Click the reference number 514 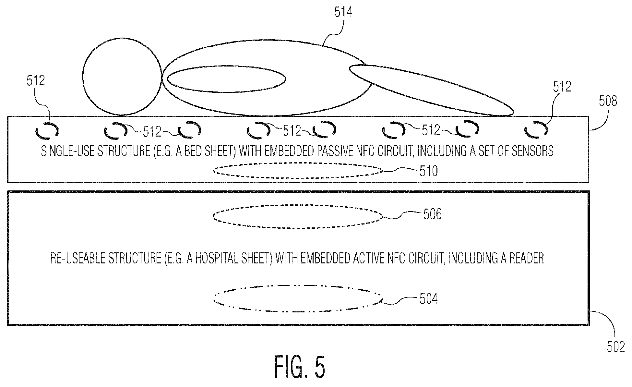click(343, 12)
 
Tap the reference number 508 click(608, 101)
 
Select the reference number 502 click(615, 346)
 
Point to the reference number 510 click(429, 171)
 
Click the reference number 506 click(432, 214)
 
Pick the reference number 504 click(428, 299)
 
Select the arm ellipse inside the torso click(226, 79)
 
